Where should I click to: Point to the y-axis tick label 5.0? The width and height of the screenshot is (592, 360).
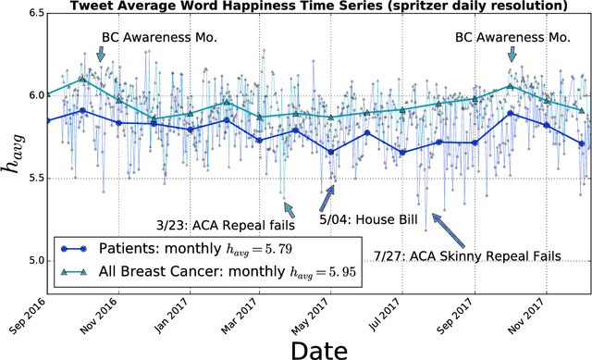pos(29,260)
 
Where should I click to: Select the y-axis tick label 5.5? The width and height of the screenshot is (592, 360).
pos(29,179)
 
